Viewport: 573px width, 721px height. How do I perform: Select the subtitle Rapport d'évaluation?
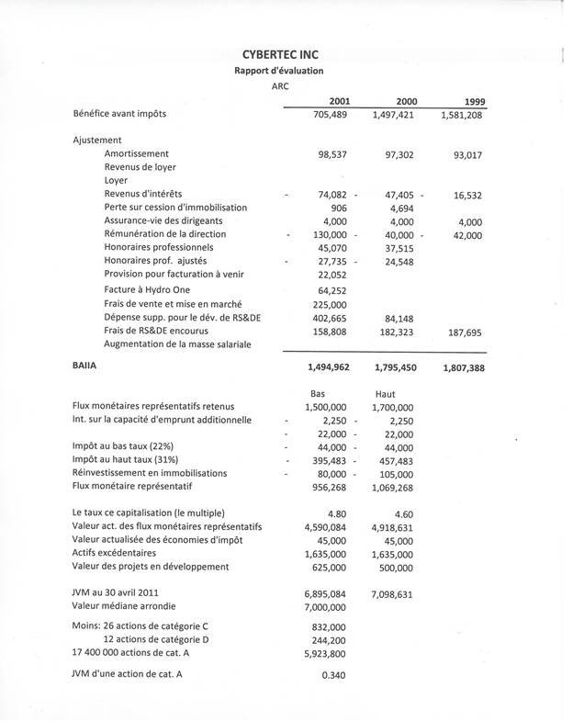(278, 71)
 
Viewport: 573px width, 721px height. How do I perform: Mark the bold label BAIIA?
(85, 365)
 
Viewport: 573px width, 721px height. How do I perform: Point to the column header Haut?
(387, 393)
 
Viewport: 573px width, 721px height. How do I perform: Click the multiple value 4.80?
(336, 513)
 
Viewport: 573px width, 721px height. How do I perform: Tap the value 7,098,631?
(392, 595)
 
